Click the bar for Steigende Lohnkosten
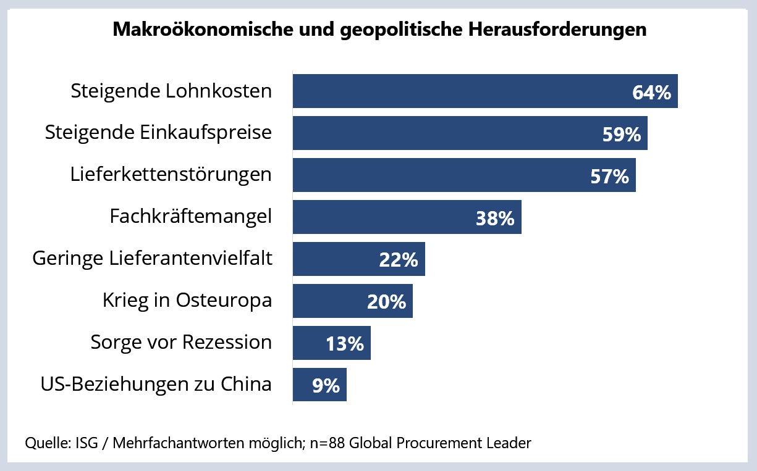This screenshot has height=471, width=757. (457, 91)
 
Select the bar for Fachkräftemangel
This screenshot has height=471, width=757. (383, 217)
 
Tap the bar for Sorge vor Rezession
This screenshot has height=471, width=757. (309, 343)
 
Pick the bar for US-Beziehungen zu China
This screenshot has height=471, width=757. (303, 385)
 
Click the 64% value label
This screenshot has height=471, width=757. (651, 93)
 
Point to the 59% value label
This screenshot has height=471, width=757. (622, 135)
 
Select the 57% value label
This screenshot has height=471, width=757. (609, 177)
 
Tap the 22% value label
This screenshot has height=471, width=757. (399, 261)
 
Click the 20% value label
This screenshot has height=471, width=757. (386, 302)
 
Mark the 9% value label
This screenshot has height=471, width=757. (326, 386)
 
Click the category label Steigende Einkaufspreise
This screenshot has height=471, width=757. (158, 133)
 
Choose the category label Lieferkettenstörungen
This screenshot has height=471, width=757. (171, 175)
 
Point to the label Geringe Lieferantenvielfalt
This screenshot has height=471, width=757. (152, 258)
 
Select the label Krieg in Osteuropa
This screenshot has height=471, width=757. (187, 300)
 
